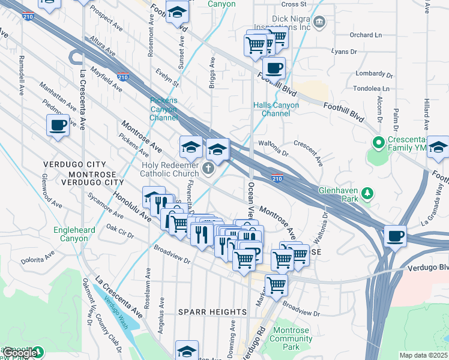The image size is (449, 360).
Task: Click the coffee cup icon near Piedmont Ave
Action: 58,125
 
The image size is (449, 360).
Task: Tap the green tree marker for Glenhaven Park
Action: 366,193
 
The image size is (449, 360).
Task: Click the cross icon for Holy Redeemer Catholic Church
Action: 208,169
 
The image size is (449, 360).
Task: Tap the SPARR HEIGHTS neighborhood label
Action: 212,312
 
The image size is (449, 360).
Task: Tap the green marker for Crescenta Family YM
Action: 378,143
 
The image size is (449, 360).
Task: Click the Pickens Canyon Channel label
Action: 164,109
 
